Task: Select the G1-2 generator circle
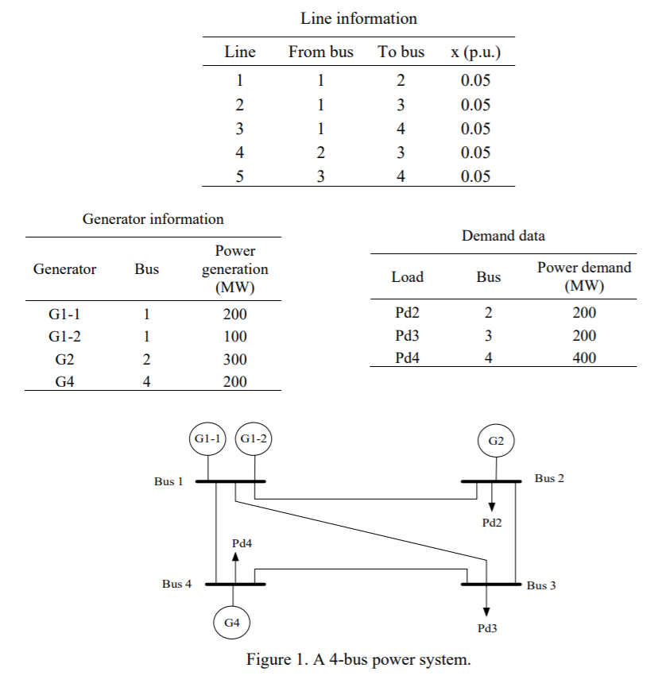254,439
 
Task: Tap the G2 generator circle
497,441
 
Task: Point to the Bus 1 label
168,481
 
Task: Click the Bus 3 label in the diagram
541,586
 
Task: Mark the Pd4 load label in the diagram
242,543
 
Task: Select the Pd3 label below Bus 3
487,628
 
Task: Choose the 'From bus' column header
320,52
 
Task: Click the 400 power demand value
584,358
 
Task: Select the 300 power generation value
234,359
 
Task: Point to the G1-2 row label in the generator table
64,336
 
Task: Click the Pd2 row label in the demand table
407,312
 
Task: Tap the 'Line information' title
358,17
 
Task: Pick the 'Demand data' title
503,236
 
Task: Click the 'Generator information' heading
153,219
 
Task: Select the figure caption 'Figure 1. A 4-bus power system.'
358,659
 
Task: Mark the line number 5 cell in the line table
240,177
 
